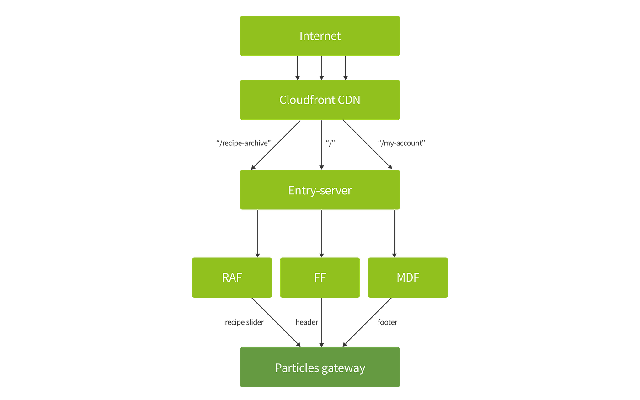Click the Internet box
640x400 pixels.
320,36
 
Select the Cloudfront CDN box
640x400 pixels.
320,100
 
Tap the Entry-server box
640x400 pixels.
320,190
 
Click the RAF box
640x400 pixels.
232,277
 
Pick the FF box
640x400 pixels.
320,277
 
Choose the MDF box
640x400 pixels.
408,277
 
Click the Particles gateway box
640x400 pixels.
320,368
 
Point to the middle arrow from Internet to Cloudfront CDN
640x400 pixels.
321,68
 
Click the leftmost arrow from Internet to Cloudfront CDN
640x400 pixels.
298,68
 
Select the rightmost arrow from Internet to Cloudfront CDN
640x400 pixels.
345,68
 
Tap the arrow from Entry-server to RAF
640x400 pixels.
257,233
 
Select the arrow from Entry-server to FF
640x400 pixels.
321,233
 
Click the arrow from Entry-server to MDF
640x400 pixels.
394,233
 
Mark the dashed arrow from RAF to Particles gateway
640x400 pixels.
276,322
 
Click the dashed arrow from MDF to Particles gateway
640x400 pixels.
367,322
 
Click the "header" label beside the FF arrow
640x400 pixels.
306,323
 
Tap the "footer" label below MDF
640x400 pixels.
388,322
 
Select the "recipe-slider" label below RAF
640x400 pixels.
244,323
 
